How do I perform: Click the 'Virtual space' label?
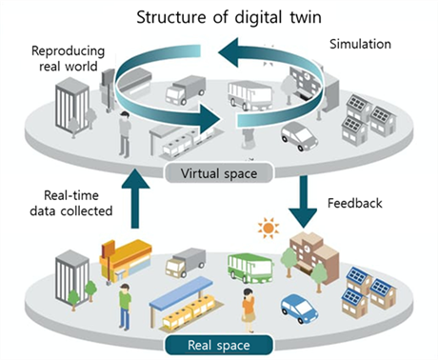coord(219,173)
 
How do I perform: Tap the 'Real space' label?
coord(219,345)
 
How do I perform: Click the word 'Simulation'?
coord(360,44)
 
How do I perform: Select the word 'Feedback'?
coord(355,203)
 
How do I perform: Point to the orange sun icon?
coord(269,228)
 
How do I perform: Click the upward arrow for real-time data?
coord(135,198)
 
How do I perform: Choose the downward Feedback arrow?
coord(303,202)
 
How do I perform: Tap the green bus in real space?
coord(250,268)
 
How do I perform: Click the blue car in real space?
coord(299,308)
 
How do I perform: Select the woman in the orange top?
coord(249,310)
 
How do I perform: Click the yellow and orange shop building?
coord(125,260)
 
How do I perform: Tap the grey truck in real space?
coord(186,262)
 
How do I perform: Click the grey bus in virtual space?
coord(250,95)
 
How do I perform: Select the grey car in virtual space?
coord(299,136)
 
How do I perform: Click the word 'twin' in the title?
coord(306,17)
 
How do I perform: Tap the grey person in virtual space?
coord(125,134)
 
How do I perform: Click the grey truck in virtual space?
coord(186,90)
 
